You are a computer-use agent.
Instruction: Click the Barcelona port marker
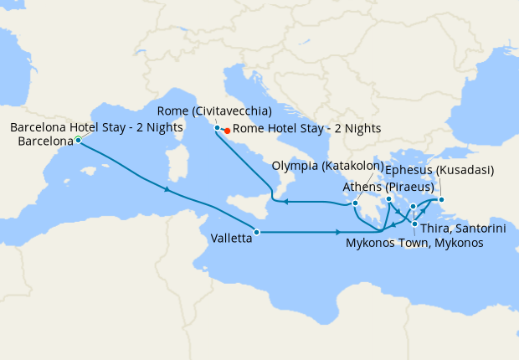coord(78,140)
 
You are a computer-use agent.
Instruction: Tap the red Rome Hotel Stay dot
coord(227,130)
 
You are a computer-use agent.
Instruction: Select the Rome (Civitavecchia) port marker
coord(218,127)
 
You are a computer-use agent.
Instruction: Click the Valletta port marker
coord(257,232)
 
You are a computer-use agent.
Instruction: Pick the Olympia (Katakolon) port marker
coord(356,203)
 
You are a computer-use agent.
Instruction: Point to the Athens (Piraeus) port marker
coord(389,199)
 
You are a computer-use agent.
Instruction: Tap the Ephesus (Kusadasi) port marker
coord(442,199)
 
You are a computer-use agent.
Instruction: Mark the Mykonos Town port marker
coord(413,206)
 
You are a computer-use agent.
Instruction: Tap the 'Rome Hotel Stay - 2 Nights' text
coord(306,128)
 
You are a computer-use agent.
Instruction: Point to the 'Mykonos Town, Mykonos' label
coord(414,243)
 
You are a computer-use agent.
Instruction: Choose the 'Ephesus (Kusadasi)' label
coord(439,170)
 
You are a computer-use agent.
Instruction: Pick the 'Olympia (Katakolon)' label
coord(328,166)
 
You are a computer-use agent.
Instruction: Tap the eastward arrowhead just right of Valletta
coord(337,232)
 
